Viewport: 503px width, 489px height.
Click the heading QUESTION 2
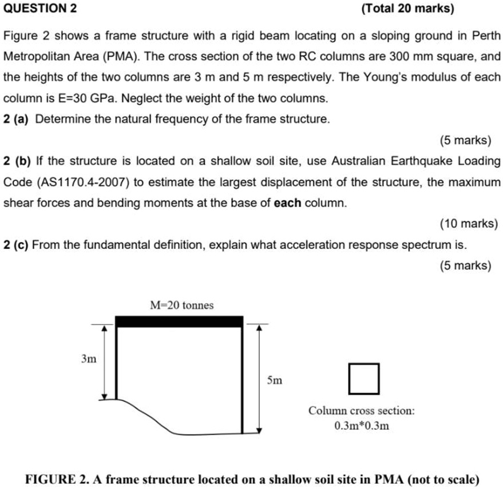pyautogui.click(x=39, y=9)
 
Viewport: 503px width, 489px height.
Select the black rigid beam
pyautogui.click(x=179, y=321)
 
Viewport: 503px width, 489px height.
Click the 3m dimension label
pyautogui.click(x=89, y=359)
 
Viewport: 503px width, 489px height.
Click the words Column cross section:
pyautogui.click(x=362, y=411)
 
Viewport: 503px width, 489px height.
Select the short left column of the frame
pyautogui.click(x=117, y=363)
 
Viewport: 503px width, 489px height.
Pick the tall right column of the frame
pyautogui.click(x=243, y=380)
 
